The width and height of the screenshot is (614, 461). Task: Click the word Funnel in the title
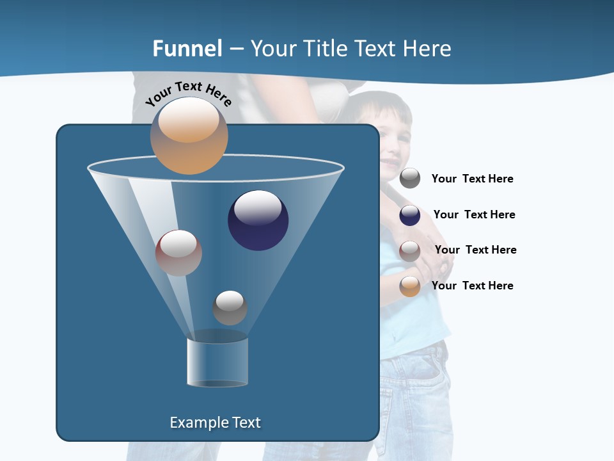click(x=187, y=49)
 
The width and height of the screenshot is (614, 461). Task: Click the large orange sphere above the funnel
click(x=189, y=136)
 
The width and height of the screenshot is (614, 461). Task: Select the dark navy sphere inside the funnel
click(x=258, y=220)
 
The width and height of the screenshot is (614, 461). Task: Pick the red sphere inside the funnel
click(x=178, y=253)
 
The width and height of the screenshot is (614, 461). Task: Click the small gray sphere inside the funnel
click(x=230, y=308)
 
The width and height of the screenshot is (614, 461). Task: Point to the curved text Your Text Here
click(x=189, y=93)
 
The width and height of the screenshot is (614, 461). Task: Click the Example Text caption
click(x=215, y=423)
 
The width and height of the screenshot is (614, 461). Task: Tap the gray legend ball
click(x=410, y=179)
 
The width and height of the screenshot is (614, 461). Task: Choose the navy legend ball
click(x=410, y=215)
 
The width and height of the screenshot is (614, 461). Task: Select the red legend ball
click(x=410, y=251)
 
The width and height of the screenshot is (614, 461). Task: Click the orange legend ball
click(x=410, y=286)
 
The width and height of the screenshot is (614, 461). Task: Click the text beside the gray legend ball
click(x=472, y=179)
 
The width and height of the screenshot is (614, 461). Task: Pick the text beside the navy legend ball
click(x=474, y=215)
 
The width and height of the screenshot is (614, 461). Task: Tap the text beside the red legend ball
click(x=475, y=250)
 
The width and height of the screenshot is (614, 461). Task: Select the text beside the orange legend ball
click(x=472, y=286)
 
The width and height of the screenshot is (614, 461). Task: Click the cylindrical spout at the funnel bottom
click(x=217, y=362)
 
